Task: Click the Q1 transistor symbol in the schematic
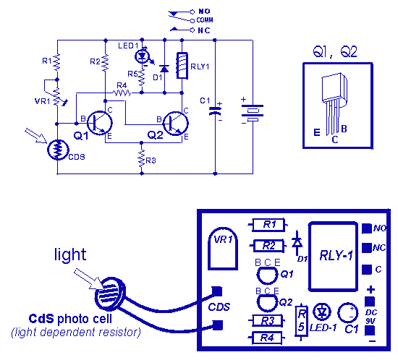point(100,123)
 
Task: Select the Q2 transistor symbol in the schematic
point(176,124)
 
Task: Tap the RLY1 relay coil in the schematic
point(182,66)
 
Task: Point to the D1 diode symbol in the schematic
point(164,69)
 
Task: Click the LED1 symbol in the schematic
point(142,56)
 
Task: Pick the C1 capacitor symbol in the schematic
point(215,111)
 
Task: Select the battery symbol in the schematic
point(253,113)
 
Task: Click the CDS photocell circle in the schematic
point(58,150)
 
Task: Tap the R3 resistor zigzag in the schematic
point(142,159)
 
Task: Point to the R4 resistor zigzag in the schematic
point(122,93)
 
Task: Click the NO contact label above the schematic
point(204,11)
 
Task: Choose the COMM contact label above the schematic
point(205,20)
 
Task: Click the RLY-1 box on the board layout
point(334,257)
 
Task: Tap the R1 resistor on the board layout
point(268,225)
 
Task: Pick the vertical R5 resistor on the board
point(302,322)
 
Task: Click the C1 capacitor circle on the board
point(348,313)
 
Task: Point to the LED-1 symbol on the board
point(322,312)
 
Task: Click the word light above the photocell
point(70,255)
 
